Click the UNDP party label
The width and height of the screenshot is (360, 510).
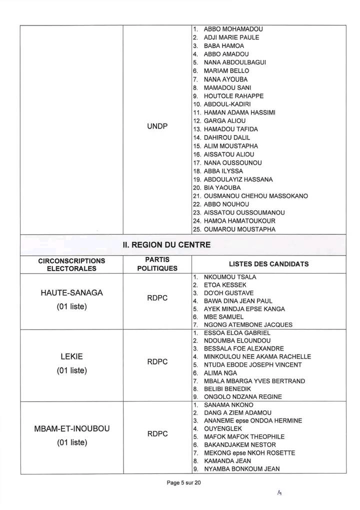coord(157,128)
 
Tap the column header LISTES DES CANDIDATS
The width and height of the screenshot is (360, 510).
coord(268,263)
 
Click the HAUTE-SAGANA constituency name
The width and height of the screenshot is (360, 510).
coord(70,293)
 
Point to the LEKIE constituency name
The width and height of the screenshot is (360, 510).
coord(70,357)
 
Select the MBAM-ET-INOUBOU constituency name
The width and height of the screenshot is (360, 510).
coord(70,429)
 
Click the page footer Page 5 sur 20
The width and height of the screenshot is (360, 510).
coord(184,483)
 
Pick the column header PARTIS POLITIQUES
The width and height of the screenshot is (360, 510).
coord(157,263)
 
